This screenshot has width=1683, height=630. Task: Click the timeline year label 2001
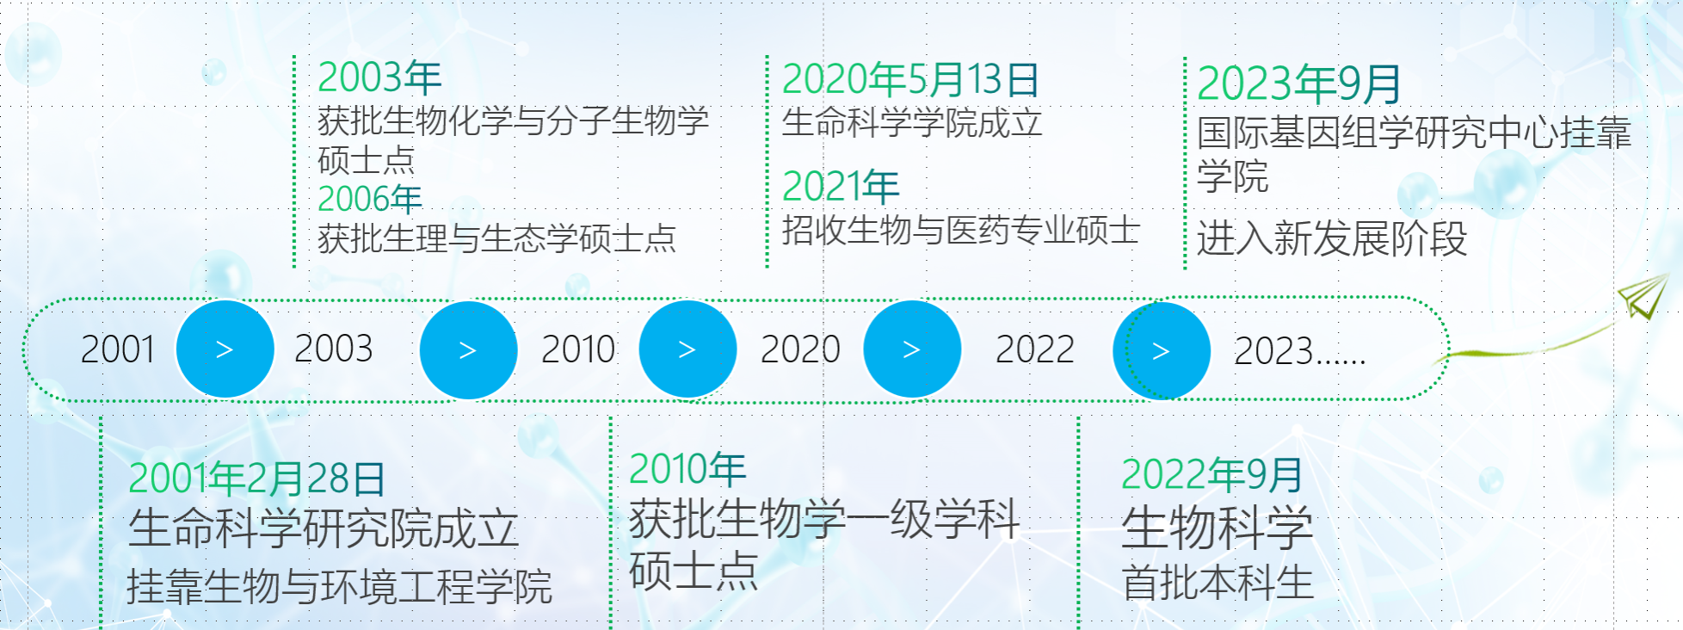tap(118, 349)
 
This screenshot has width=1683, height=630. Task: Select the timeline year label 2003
tap(334, 349)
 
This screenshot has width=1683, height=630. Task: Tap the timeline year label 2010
tap(578, 349)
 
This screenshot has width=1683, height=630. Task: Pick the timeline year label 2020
tap(800, 349)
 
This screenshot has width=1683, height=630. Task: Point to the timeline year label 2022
tap(1035, 349)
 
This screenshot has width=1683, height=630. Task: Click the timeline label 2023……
tap(1300, 351)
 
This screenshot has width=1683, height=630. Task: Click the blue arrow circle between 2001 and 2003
tap(225, 349)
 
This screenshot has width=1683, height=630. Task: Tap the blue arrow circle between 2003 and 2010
tap(468, 350)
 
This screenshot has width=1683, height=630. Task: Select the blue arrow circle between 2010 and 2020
tap(687, 349)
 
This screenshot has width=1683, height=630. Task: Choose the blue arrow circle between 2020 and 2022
tap(912, 349)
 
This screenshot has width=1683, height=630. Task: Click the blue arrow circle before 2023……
tap(1162, 350)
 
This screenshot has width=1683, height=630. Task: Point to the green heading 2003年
tap(379, 77)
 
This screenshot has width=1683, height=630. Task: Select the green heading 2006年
tap(370, 199)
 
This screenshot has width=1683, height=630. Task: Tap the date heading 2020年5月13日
tap(910, 79)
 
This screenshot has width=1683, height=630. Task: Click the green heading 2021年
tap(841, 186)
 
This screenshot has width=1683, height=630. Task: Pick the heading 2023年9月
tap(1299, 83)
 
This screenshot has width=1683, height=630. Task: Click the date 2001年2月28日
tap(257, 479)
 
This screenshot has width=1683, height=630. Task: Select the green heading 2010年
tap(687, 469)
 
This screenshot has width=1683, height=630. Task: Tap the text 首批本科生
tap(1218, 583)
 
